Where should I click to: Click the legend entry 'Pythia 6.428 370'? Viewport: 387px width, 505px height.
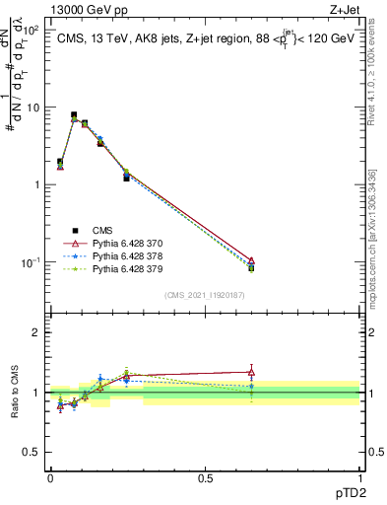130,242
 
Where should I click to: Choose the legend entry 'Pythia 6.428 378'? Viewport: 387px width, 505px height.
130,254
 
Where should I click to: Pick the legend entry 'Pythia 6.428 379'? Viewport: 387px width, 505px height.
130,267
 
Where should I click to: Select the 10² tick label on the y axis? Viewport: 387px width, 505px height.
32,30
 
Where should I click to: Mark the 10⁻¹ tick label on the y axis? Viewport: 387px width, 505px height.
32,261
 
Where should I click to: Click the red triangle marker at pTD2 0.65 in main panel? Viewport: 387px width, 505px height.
252,260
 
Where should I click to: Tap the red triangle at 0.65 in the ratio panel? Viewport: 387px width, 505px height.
252,372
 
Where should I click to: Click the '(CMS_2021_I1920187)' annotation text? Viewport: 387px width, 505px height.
204,293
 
